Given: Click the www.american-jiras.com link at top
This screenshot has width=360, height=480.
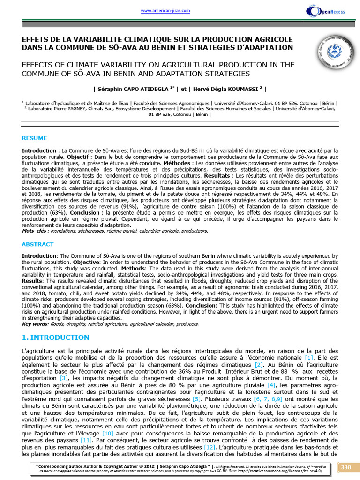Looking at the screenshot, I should click(x=158, y=11).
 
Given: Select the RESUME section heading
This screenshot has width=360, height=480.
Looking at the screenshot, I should click(x=35, y=138).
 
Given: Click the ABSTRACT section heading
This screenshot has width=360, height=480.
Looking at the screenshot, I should click(x=38, y=244).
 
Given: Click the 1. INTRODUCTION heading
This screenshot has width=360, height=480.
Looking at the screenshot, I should click(x=55, y=337).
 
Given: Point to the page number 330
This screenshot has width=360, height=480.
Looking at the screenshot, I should click(x=346, y=467).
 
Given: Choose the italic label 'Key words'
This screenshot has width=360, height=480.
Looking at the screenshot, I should click(x=35, y=323).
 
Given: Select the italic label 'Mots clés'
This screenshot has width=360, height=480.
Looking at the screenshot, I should click(x=36, y=231).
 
